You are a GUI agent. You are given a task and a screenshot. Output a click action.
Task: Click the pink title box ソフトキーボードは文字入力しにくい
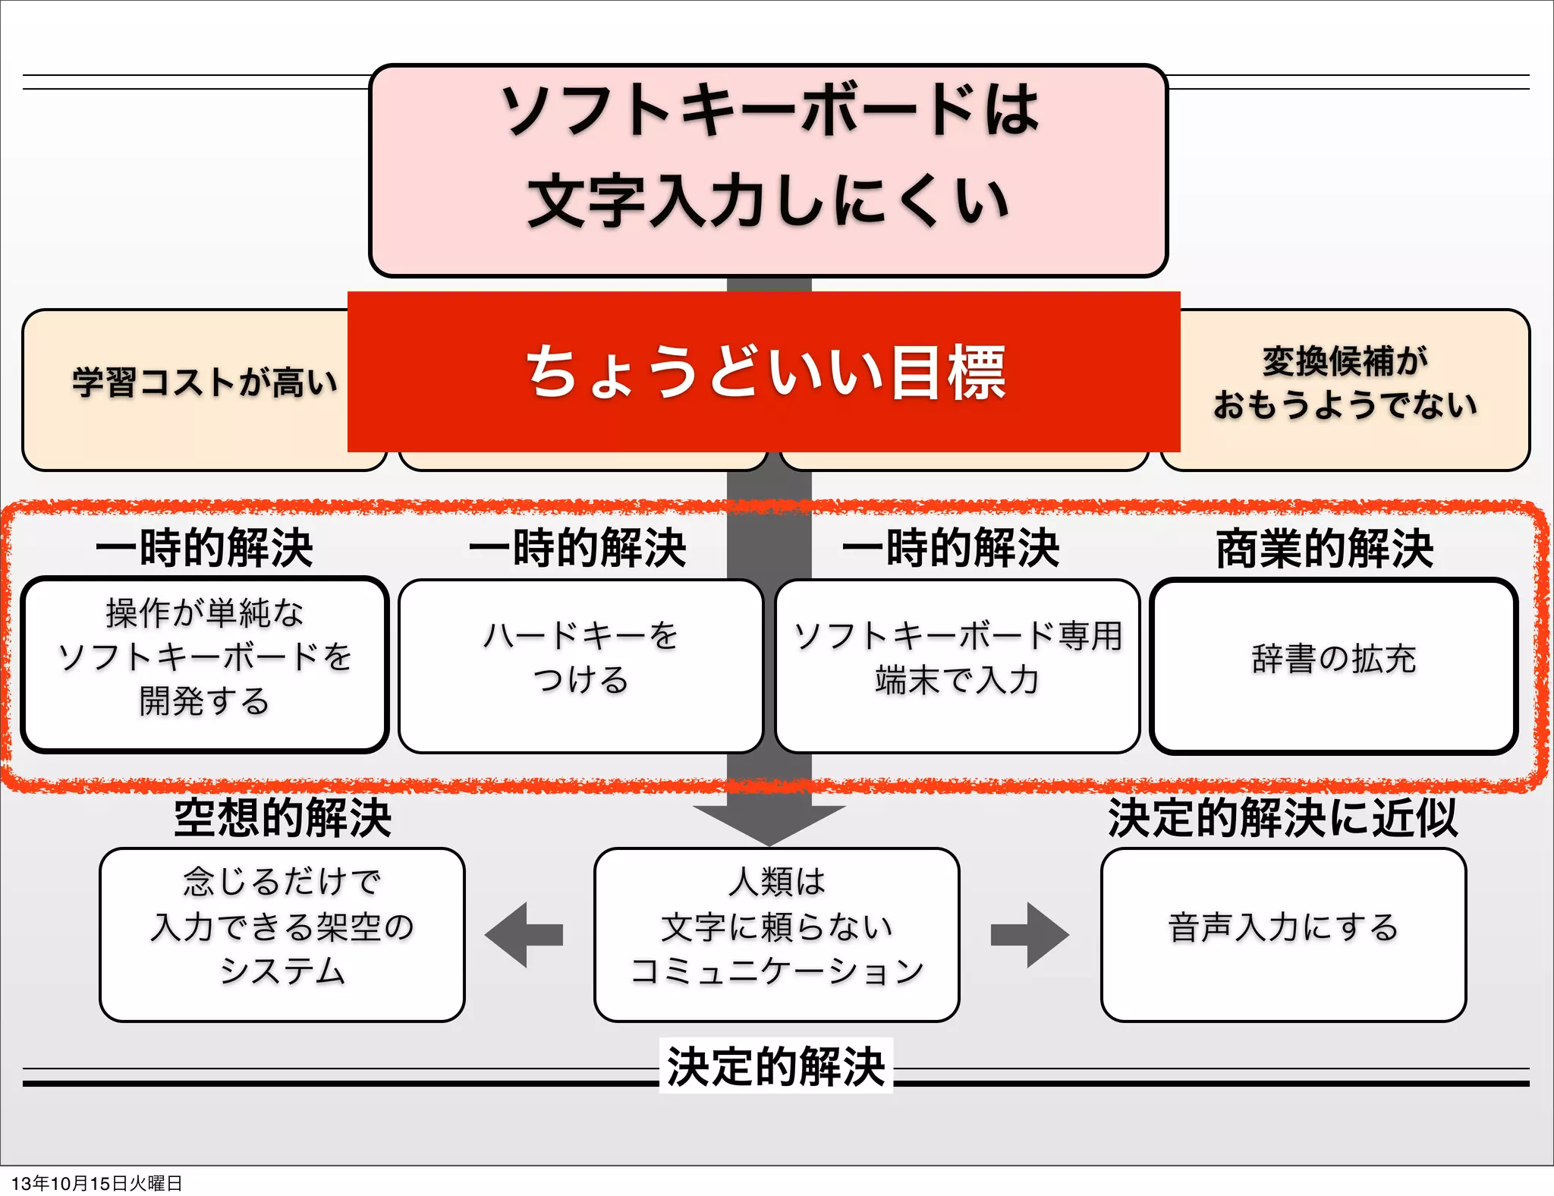point(768,170)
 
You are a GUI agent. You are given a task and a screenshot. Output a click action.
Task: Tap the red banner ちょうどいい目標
point(764,372)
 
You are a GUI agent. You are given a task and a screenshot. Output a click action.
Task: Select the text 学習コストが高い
point(205,382)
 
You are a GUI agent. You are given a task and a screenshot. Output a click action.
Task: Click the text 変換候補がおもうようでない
point(1345,382)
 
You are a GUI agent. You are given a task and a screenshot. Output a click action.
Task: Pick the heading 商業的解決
point(1325,548)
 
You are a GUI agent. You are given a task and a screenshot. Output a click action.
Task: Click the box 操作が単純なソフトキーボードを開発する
point(205,665)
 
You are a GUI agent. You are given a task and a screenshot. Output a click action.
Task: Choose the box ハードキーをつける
point(580,665)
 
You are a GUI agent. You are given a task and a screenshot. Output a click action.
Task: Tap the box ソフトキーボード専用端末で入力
point(957,665)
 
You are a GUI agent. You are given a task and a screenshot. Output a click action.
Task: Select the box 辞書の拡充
point(1333,665)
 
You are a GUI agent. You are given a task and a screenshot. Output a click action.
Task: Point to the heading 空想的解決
point(282,818)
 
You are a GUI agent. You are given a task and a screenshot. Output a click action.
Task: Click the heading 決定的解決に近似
point(1282,818)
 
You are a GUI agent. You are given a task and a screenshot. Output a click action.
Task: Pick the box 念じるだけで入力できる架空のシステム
point(282,934)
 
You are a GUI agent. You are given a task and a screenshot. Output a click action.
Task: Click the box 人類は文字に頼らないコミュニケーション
point(776,934)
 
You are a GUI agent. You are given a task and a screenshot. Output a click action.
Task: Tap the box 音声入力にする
point(1283,934)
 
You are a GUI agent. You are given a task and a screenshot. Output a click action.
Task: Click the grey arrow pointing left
point(523,934)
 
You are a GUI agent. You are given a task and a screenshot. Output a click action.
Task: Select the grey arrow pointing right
point(1030,934)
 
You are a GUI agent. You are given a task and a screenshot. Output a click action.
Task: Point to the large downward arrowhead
point(769,823)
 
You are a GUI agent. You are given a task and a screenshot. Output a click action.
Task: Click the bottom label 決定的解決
point(775,1066)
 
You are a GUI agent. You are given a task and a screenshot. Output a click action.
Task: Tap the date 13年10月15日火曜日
point(97,1183)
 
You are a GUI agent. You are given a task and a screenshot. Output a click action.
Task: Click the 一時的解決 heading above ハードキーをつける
point(577,548)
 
